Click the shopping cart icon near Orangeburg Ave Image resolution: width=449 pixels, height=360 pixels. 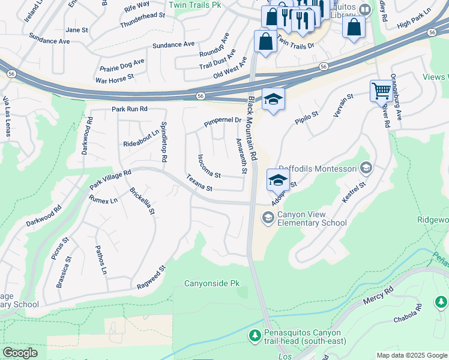(381, 91)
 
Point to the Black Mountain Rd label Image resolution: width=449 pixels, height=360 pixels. (253, 129)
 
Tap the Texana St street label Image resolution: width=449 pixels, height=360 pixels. (199, 183)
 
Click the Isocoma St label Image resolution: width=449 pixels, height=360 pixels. (209, 166)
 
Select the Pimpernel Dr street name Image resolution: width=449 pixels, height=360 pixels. (222, 121)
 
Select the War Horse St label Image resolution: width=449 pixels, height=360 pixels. (114, 78)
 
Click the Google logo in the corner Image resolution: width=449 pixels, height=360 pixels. (20, 353)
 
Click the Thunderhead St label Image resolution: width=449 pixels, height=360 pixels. (142, 22)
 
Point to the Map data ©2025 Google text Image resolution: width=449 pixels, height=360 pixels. (411, 355)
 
